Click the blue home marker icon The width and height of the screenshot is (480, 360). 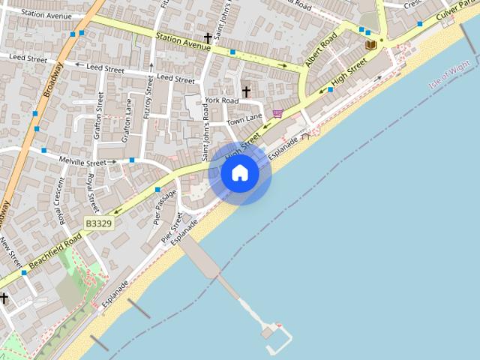[x=239, y=173]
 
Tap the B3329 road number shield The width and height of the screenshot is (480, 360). [x=98, y=223]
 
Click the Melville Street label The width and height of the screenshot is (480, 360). [x=86, y=162]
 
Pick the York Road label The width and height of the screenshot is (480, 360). [x=221, y=100]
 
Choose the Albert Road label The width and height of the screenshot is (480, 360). [x=319, y=50]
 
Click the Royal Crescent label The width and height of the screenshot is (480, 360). [x=58, y=202]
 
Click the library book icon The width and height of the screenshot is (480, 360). [x=370, y=45]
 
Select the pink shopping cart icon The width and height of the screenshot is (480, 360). [x=277, y=114]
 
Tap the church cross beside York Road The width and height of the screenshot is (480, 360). [x=246, y=91]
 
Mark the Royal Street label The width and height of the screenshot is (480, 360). [x=92, y=192]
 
